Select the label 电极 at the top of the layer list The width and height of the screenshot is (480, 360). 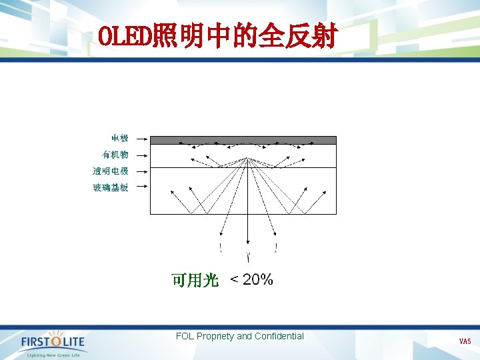pyautogui.click(x=120, y=139)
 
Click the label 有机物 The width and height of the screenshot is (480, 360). pyautogui.click(x=115, y=155)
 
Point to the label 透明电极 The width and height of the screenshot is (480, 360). pyautogui.click(x=111, y=171)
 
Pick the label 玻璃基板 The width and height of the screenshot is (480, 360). pyautogui.click(x=111, y=188)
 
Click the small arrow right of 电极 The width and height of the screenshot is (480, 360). pyautogui.click(x=140, y=139)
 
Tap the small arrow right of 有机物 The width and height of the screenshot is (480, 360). pyautogui.click(x=140, y=155)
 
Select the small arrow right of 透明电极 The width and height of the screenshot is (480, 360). pyautogui.click(x=140, y=172)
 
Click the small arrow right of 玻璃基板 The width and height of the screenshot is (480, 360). pyautogui.click(x=140, y=188)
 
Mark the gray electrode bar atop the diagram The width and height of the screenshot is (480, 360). pyautogui.click(x=243, y=141)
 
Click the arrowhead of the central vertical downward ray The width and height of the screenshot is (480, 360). pyautogui.click(x=248, y=244)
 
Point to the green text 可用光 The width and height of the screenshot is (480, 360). pyautogui.click(x=195, y=281)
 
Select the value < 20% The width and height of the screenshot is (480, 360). pyautogui.click(x=251, y=280)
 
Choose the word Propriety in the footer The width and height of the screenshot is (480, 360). pyautogui.click(x=215, y=337)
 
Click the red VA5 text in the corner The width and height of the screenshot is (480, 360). pyautogui.click(x=465, y=341)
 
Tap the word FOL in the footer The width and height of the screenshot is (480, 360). pyautogui.click(x=185, y=337)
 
